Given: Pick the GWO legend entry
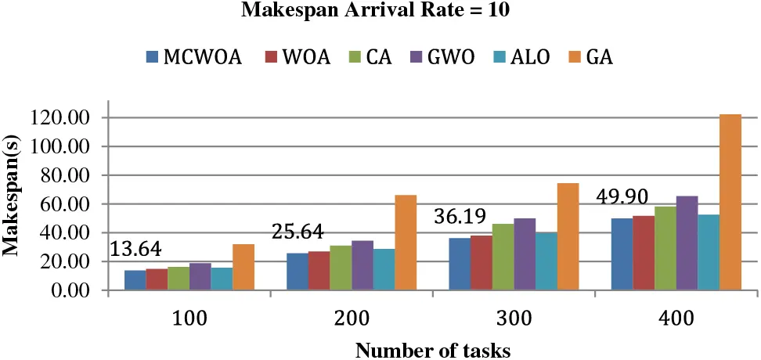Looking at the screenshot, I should pos(439,57).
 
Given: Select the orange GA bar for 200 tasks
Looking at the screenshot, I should pos(406,243).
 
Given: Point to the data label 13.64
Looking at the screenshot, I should pos(135,249).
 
